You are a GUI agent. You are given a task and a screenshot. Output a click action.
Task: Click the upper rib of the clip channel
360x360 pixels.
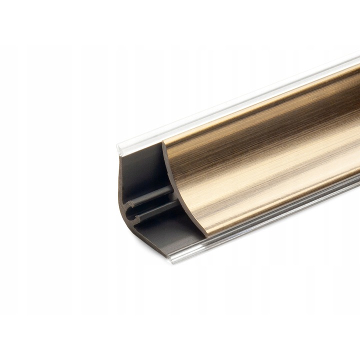150,197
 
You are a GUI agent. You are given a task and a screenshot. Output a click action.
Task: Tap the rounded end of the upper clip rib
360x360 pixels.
130,202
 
